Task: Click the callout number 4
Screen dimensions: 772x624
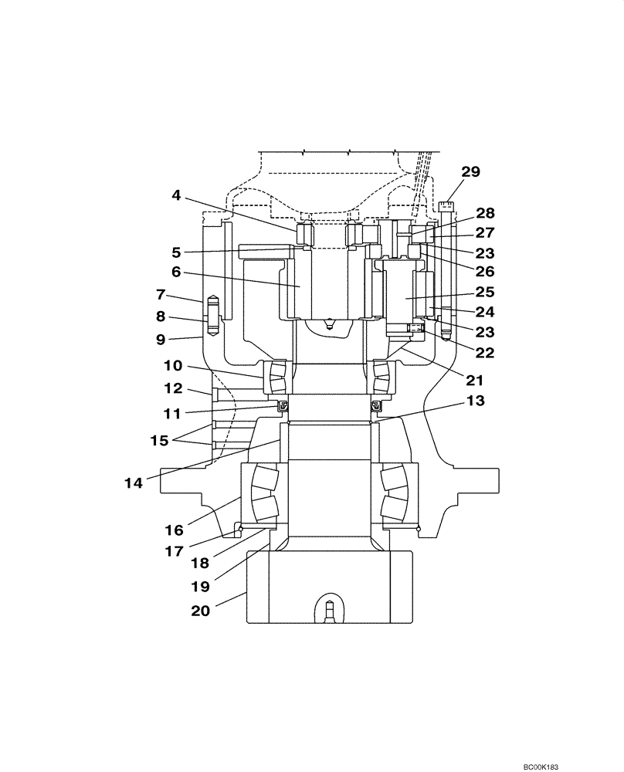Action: (x=176, y=196)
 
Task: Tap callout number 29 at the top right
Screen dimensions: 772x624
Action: (x=471, y=171)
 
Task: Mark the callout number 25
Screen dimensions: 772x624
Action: (x=485, y=293)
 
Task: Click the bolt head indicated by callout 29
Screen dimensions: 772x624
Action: (x=446, y=205)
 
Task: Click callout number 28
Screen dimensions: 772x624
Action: (x=485, y=212)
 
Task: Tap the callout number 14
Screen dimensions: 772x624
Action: (x=134, y=483)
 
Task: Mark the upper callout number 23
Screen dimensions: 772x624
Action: (x=485, y=252)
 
